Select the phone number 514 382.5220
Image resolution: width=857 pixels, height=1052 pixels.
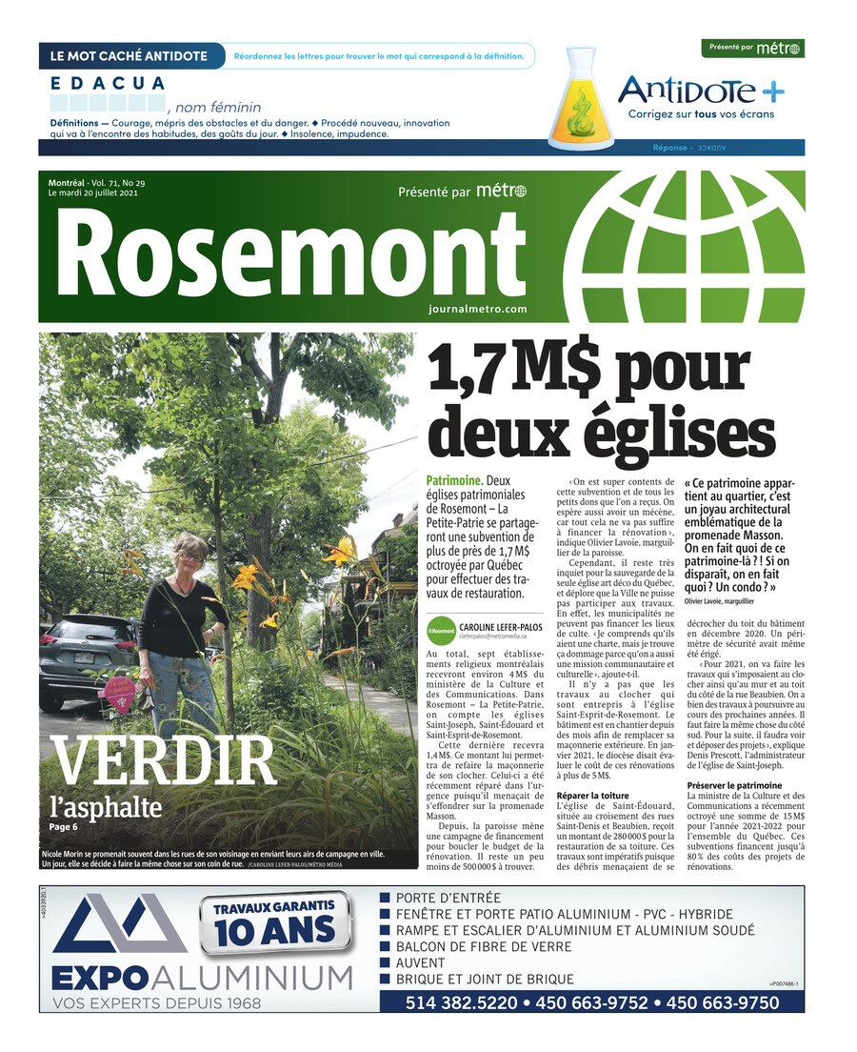pyautogui.click(x=462, y=1003)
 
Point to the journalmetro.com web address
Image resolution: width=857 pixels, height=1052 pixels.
pyautogui.click(x=477, y=309)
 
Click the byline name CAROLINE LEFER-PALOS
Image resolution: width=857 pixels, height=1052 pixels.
pyautogui.click(x=500, y=626)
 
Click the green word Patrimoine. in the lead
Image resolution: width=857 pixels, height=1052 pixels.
pyautogui.click(x=455, y=481)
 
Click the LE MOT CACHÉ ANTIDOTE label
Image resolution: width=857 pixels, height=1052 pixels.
pyautogui.click(x=129, y=56)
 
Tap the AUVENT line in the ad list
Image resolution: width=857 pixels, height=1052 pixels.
pyautogui.click(x=421, y=963)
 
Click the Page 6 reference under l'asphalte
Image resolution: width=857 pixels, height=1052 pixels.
pyautogui.click(x=64, y=827)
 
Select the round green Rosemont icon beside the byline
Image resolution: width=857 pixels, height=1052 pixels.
pyautogui.click(x=441, y=630)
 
